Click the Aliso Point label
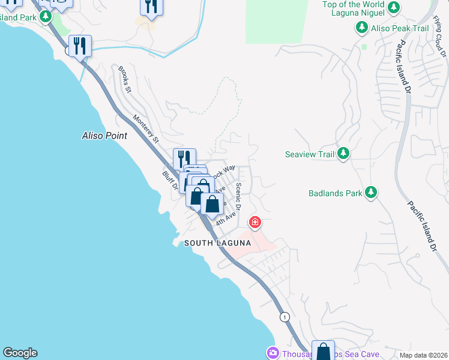click(104, 136)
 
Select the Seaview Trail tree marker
click(343, 154)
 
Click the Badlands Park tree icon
click(372, 193)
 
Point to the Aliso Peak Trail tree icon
click(362, 28)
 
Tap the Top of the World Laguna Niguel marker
click(394, 8)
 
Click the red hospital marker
click(255, 223)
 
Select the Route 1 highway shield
click(285, 316)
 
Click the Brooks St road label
click(125, 79)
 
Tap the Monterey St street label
click(146, 129)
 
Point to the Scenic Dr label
click(238, 196)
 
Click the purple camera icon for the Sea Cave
click(273, 353)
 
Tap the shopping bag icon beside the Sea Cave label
click(323, 350)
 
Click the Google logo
click(20, 353)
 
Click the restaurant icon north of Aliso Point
click(80, 46)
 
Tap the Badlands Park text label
click(336, 193)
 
